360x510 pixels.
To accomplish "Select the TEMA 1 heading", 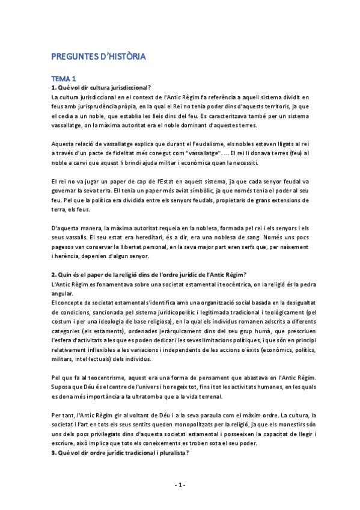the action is coord(64,78).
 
